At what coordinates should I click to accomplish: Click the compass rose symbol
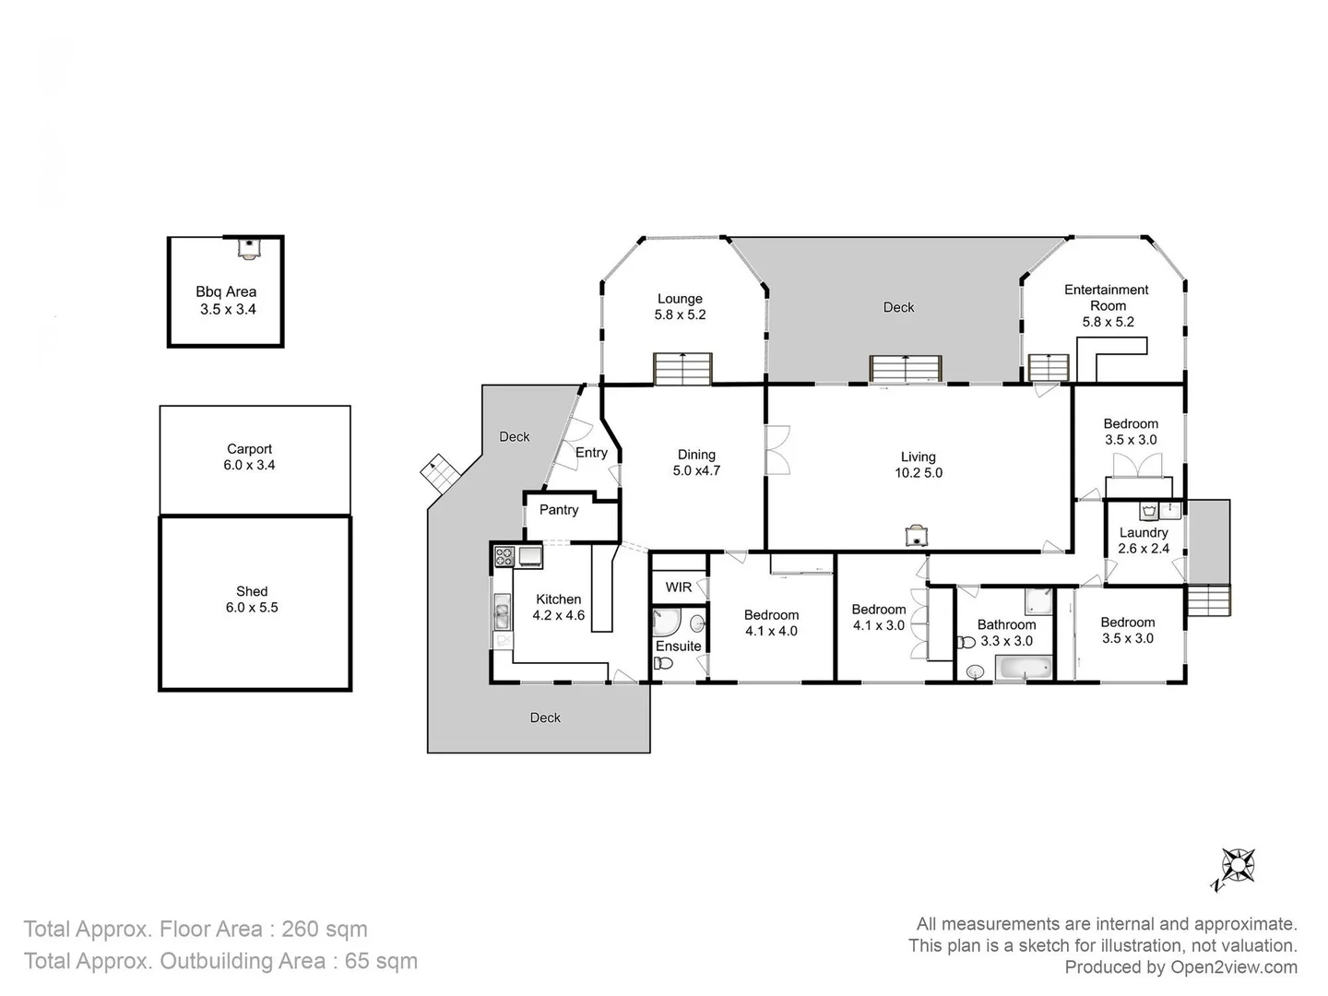1238,867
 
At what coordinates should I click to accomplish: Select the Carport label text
249,449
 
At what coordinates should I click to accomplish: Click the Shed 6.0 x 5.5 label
252,599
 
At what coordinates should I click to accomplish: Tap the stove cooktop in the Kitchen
504,556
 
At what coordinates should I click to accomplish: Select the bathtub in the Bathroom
1024,669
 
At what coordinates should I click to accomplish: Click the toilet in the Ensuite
663,663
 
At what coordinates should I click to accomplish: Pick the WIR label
678,587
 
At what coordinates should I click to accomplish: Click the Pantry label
559,510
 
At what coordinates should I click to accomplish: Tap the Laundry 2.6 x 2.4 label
1144,540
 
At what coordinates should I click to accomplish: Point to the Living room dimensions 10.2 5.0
919,473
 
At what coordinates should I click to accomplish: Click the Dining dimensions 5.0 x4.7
696,470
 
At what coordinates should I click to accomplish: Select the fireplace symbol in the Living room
918,535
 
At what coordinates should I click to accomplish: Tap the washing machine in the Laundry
1149,511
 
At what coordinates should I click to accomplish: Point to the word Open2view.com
1234,967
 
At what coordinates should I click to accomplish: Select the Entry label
591,453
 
